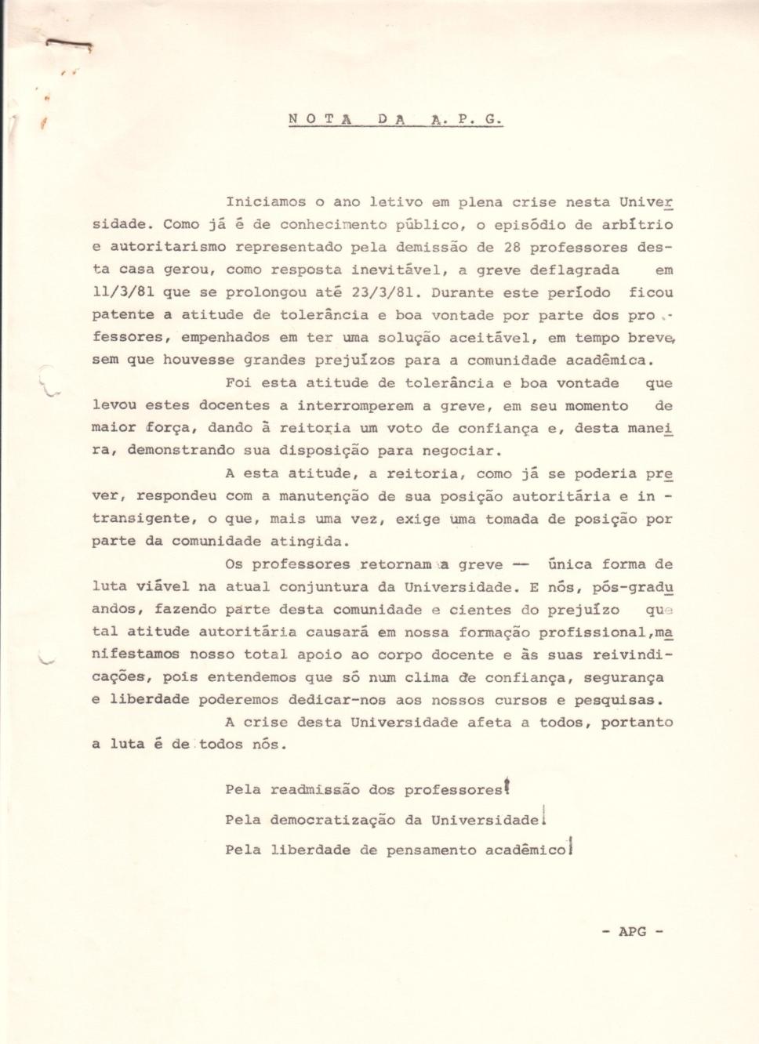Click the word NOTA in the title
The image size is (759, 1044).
[x=319, y=120]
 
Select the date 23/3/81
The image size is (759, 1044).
[x=383, y=292]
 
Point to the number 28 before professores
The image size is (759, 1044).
[x=512, y=247]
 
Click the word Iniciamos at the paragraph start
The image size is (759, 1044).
[x=265, y=201]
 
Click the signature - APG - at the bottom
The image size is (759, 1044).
[x=632, y=931]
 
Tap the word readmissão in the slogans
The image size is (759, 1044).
[x=314, y=789]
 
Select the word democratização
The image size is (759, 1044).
[x=332, y=820]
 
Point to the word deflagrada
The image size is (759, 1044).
[x=574, y=270]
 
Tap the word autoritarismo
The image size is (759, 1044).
[x=168, y=247]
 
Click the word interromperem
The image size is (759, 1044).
[x=354, y=406]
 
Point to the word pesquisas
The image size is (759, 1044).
[x=619, y=700]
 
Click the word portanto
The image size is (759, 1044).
[x=637, y=722]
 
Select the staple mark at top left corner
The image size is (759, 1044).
[x=69, y=45]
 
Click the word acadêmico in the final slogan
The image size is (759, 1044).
[x=525, y=850]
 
